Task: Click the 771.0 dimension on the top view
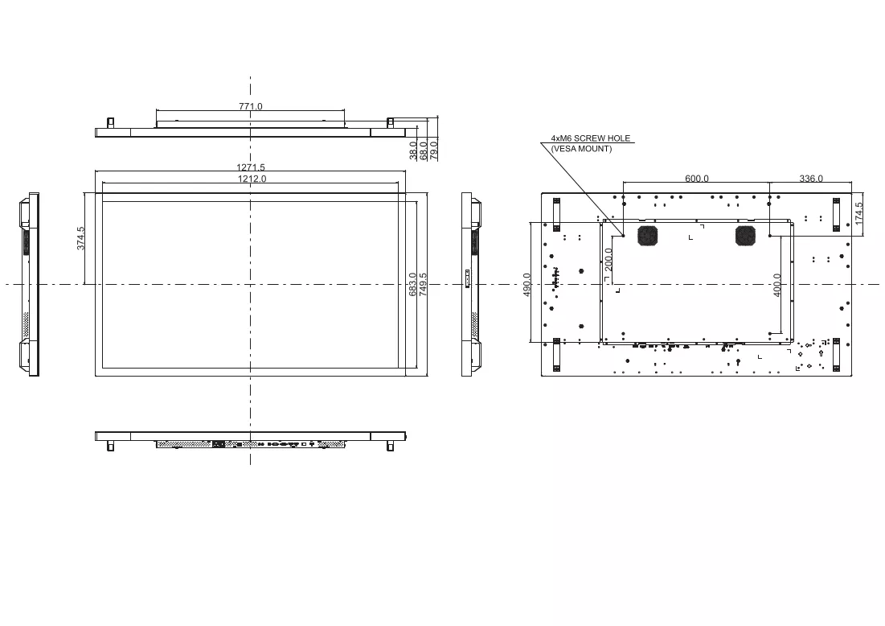pos(251,106)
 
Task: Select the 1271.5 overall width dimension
pos(251,167)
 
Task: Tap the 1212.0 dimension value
pos(252,179)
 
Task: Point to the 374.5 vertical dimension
pos(80,238)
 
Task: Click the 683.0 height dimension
pos(412,284)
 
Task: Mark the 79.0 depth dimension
pos(434,150)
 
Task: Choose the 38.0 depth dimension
pos(412,150)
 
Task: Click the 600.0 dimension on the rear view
pos(696,179)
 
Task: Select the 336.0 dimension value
pos(811,179)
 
